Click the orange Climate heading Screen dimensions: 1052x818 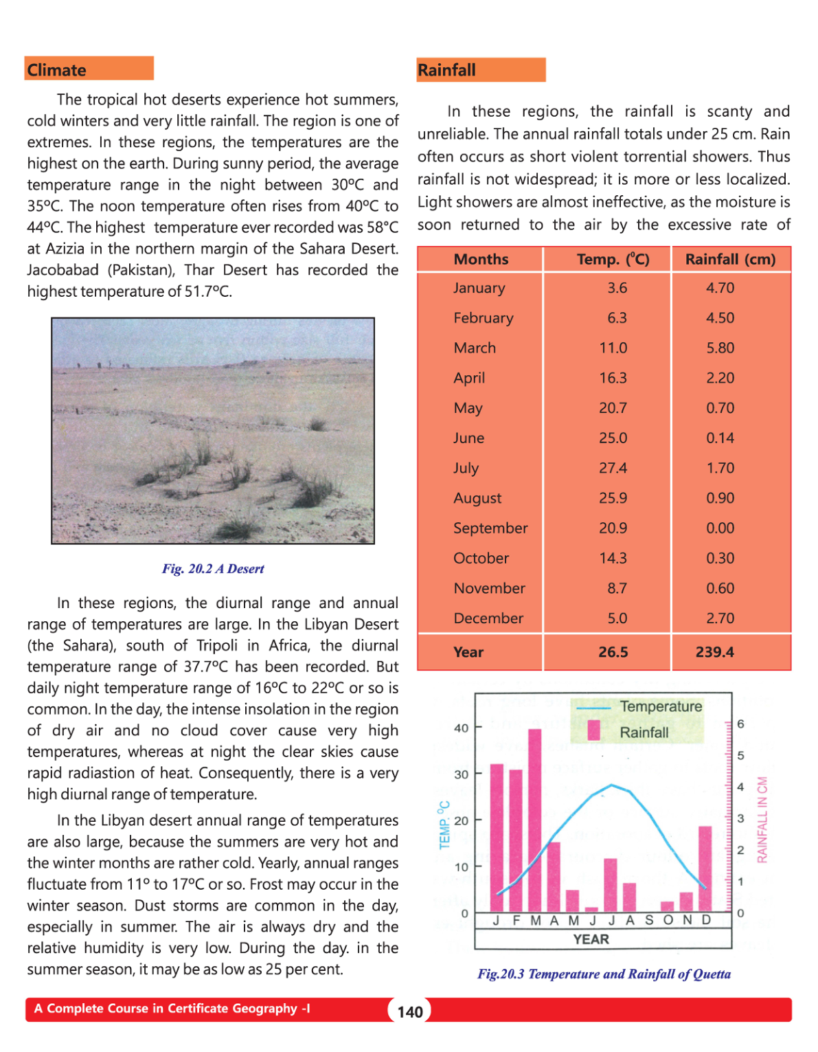click(89, 69)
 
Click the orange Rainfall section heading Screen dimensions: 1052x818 click(480, 70)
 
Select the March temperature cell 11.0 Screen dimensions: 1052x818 click(613, 348)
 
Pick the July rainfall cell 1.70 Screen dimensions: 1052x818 click(720, 468)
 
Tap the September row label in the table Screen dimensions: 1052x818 click(490, 528)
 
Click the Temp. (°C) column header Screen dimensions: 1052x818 click(613, 259)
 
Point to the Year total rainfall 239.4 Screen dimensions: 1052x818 click(714, 652)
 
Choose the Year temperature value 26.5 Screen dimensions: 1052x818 click(613, 652)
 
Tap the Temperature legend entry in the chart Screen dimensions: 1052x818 click(660, 706)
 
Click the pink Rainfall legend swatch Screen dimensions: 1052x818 click(594, 730)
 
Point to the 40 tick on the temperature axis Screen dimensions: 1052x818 click(461, 728)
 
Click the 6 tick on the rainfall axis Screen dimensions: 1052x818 click(740, 724)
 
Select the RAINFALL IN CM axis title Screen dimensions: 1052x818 click(762, 819)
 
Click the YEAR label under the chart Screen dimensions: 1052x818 click(591, 939)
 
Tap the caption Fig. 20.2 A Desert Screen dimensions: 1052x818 click(213, 569)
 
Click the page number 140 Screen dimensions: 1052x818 click(410, 1011)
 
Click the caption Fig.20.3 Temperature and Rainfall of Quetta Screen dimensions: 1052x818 click(604, 974)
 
